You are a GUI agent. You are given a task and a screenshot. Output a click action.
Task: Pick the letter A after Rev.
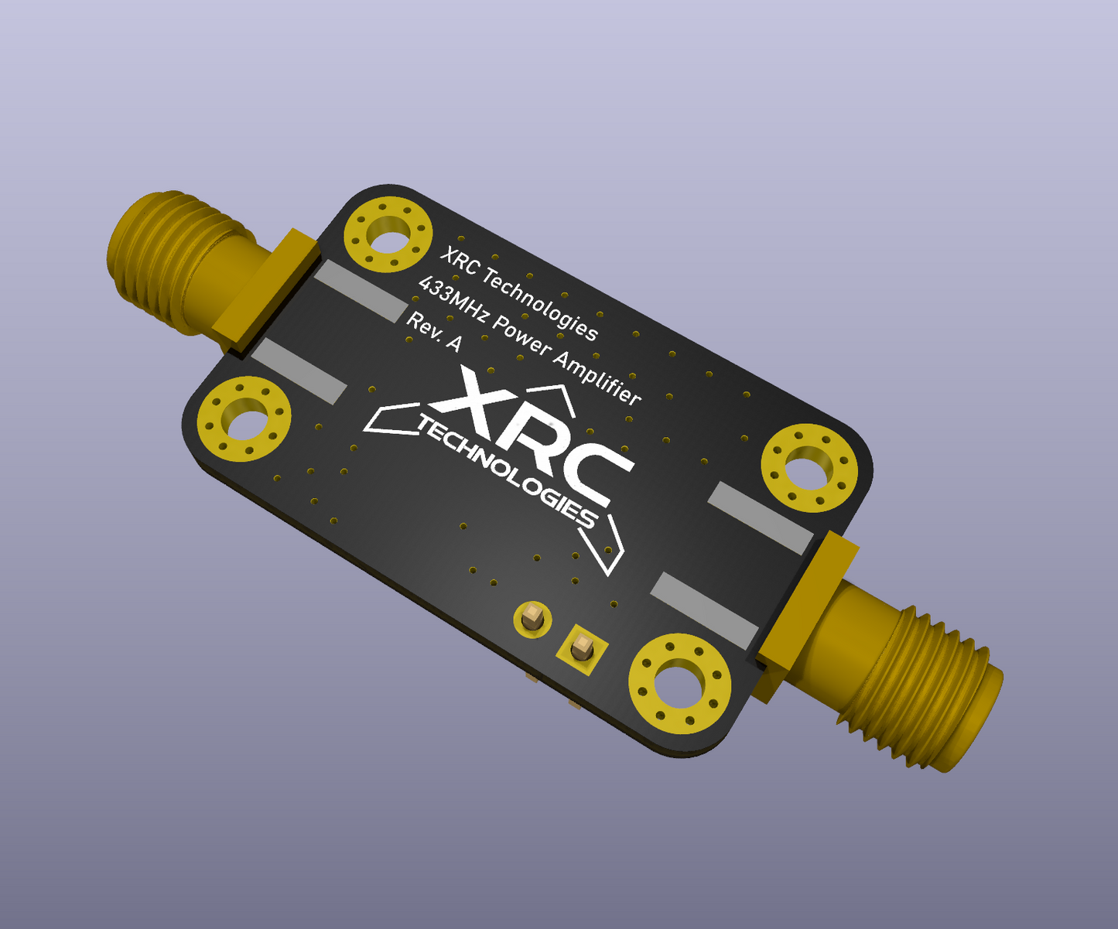pyautogui.click(x=453, y=343)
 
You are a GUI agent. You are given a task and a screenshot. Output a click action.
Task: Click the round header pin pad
pyautogui.click(x=532, y=618)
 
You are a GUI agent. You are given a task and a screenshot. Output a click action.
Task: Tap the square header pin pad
pyautogui.click(x=582, y=645)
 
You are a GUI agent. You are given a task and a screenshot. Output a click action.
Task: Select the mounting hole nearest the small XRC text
pyautogui.click(x=388, y=234)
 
